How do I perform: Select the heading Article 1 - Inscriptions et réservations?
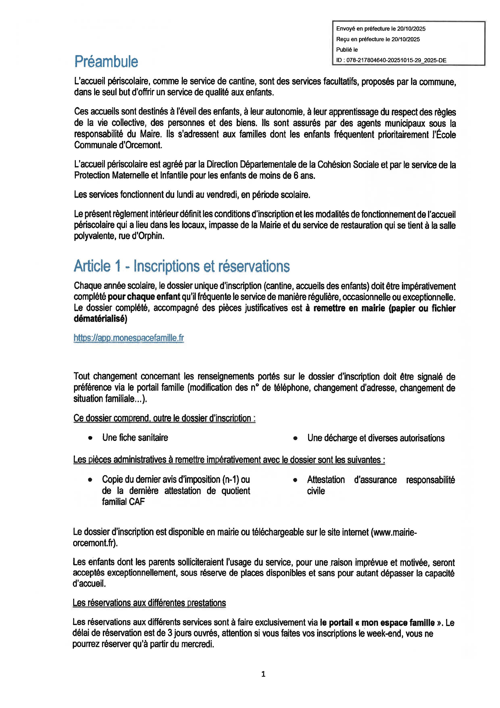pos(182,266)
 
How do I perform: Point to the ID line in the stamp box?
pos(391,60)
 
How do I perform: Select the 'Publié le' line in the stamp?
pos(347,50)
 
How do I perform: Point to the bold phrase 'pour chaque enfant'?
pos(144,297)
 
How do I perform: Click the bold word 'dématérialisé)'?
pos(100,319)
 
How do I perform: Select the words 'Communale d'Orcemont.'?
pos(118,145)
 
